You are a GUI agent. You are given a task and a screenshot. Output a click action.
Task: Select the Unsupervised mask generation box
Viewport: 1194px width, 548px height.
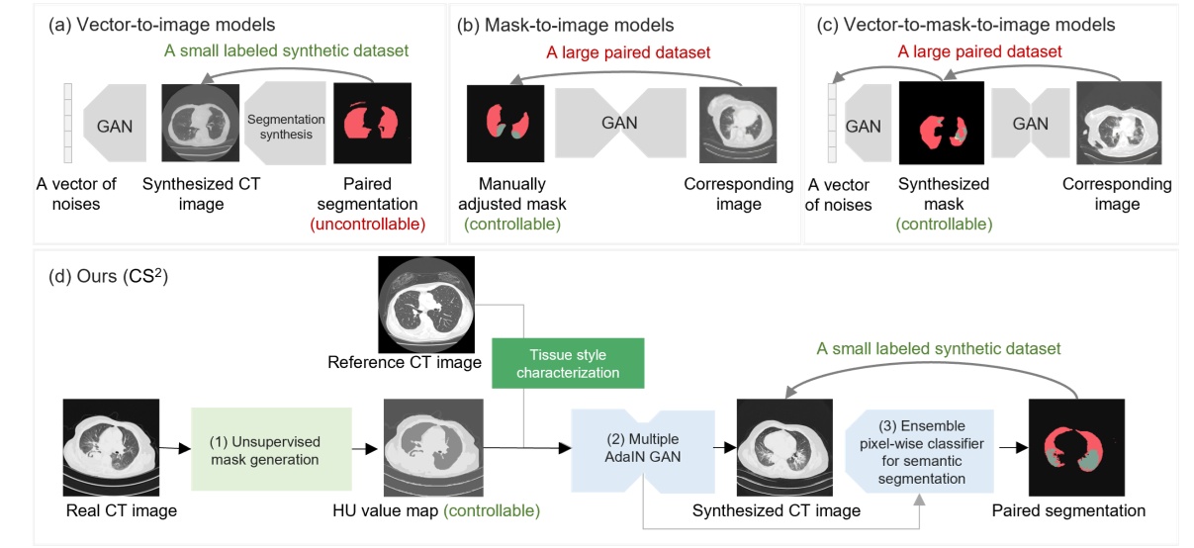click(x=272, y=448)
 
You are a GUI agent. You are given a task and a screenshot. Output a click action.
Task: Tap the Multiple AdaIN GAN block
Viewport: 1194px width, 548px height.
click(x=644, y=448)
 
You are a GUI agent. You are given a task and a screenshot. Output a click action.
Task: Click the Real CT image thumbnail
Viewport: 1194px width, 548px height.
click(x=111, y=447)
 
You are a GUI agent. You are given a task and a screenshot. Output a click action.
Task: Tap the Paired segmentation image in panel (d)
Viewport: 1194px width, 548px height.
click(x=1076, y=447)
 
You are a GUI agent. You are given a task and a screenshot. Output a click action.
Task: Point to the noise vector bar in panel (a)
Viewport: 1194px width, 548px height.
click(x=67, y=126)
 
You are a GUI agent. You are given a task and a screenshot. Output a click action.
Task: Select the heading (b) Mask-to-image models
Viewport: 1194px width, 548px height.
click(x=566, y=24)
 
